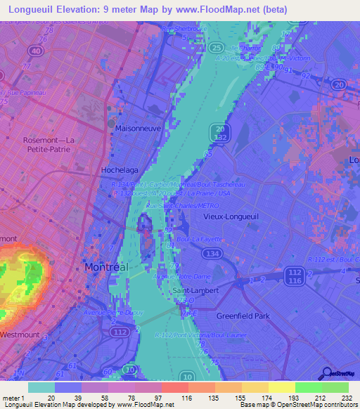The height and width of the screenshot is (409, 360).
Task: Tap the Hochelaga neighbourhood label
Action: [119, 171]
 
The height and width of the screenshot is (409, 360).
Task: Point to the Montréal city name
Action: [106, 268]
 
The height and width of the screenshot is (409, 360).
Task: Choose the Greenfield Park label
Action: [243, 316]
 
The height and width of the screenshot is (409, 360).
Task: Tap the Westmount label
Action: [22, 334]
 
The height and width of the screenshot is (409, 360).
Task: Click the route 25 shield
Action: [215, 47]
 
